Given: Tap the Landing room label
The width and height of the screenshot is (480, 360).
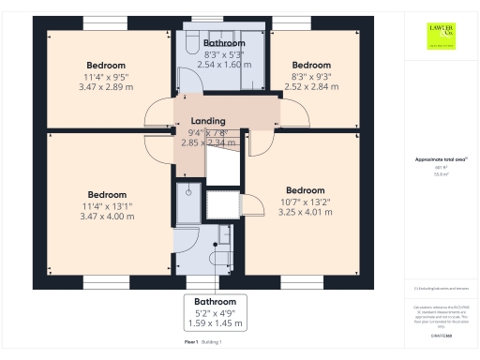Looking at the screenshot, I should [x=208, y=122].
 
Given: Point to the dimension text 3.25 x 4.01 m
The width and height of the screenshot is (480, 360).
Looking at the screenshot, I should [x=305, y=212].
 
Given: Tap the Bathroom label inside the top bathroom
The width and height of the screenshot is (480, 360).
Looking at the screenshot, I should [x=225, y=43].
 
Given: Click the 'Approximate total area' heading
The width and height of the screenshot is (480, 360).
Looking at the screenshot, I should [x=441, y=159].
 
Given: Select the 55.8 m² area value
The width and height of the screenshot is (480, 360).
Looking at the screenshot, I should [x=441, y=174].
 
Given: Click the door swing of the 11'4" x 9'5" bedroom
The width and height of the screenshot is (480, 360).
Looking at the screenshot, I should [x=156, y=114].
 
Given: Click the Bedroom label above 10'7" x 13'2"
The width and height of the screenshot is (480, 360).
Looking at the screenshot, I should [x=305, y=189].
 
